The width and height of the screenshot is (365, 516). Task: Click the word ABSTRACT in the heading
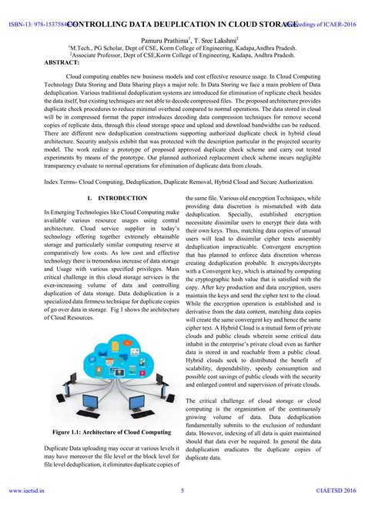click(x=62, y=62)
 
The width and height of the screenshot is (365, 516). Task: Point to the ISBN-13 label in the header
click(x=21, y=24)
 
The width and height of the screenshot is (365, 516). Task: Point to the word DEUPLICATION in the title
click(x=166, y=24)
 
